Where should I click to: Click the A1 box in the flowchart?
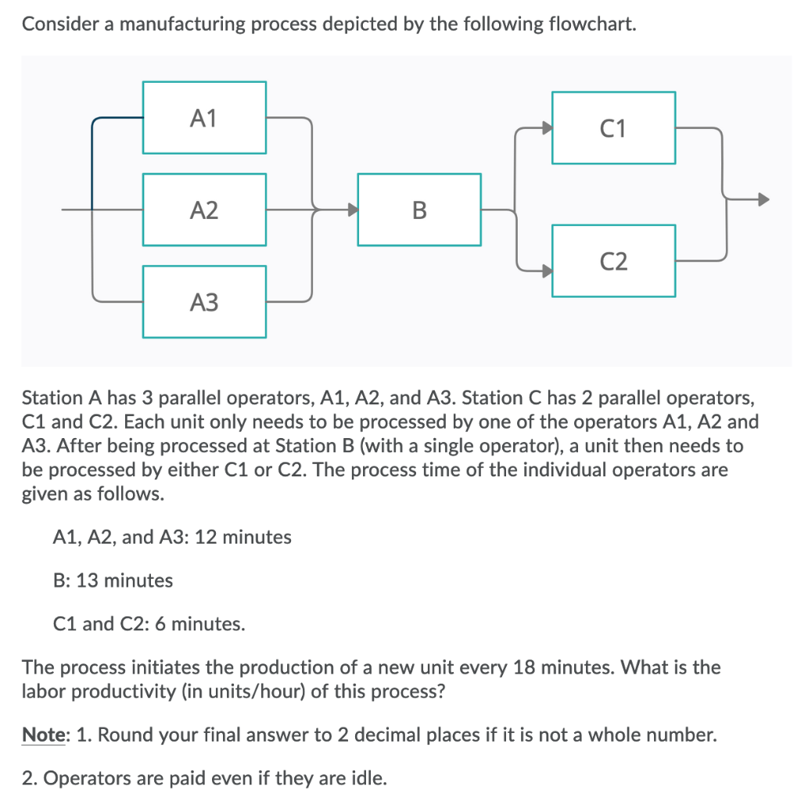(x=204, y=118)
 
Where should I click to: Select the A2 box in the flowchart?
(x=204, y=210)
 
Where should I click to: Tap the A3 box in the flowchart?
(x=204, y=301)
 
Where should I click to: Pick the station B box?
(x=419, y=210)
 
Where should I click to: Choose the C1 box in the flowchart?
(x=614, y=128)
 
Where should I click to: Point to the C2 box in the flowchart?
(x=614, y=260)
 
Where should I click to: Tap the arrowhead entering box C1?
(x=547, y=128)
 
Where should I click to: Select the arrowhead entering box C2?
(x=547, y=270)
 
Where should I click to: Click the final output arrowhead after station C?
(x=763, y=199)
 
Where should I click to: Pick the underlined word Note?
(x=43, y=735)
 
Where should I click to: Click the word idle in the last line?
(x=368, y=778)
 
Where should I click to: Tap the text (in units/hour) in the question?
(x=244, y=692)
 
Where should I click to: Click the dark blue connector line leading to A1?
(x=94, y=156)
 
